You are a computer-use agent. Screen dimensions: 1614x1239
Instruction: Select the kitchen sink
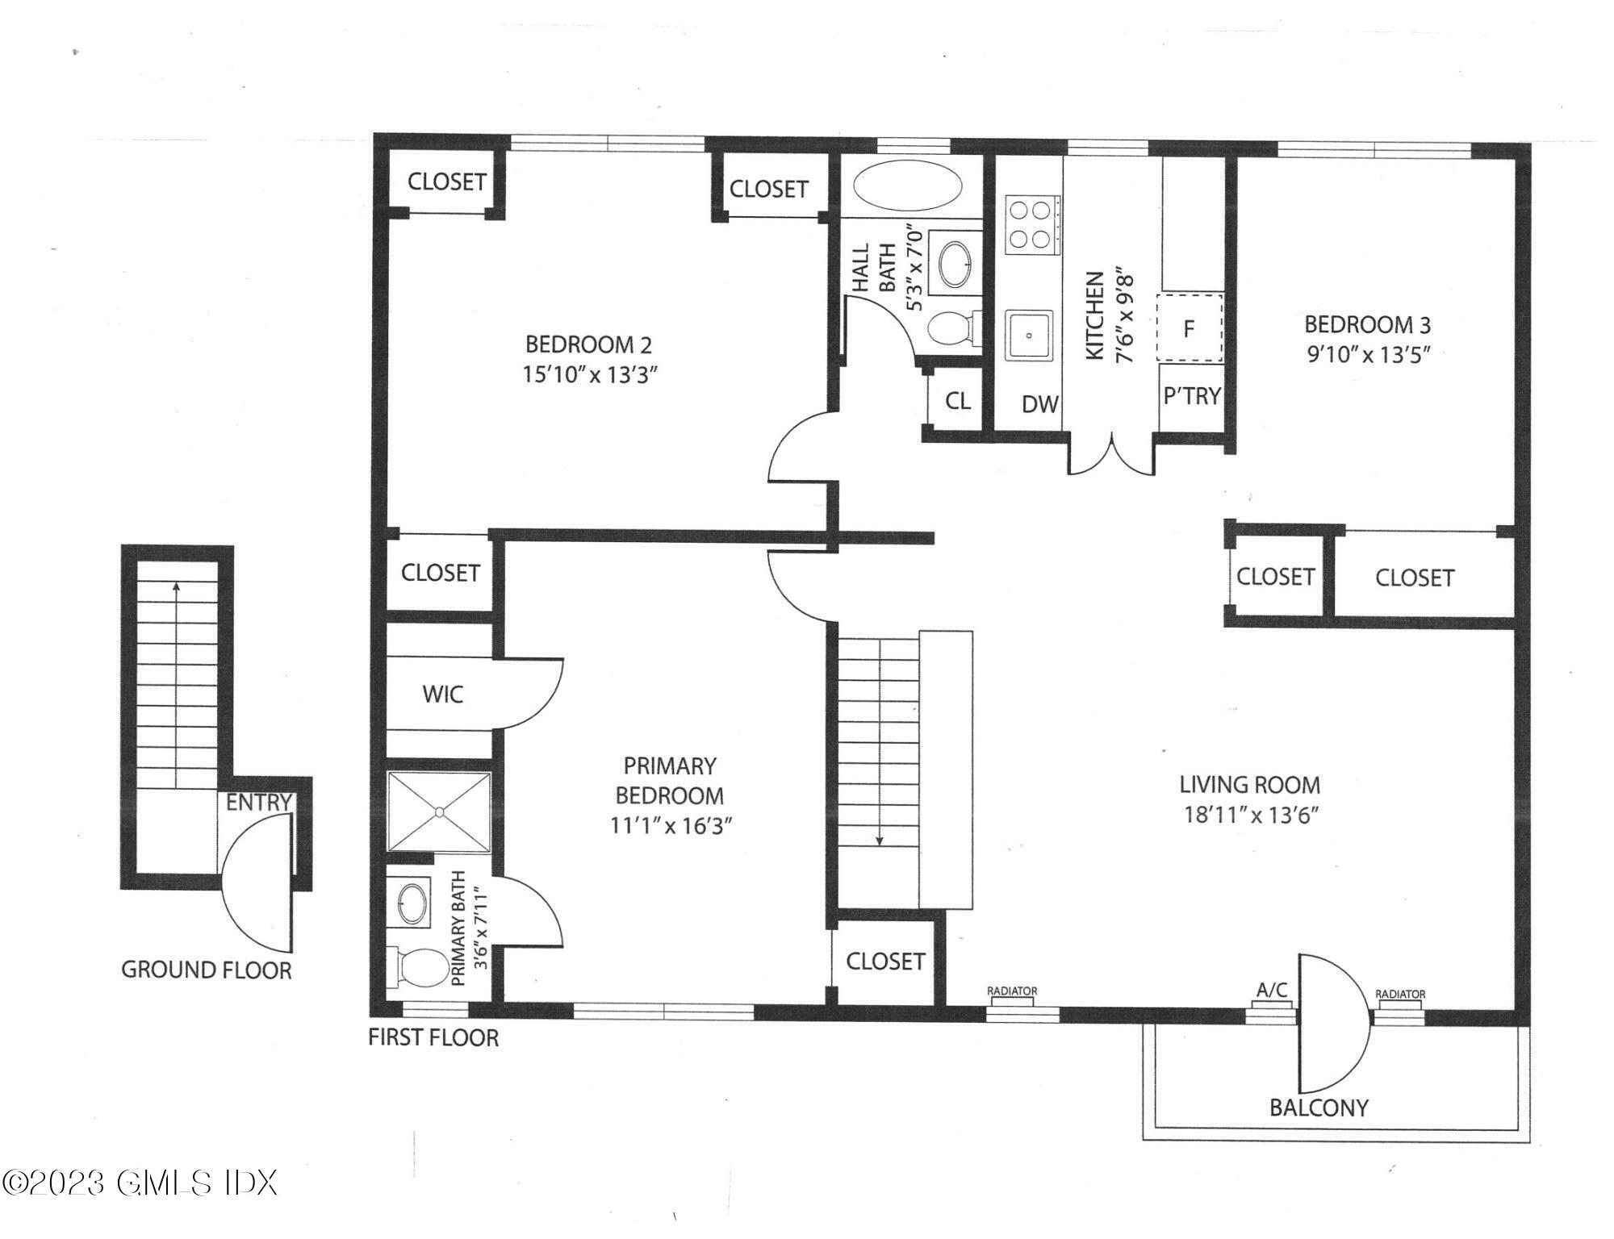[1029, 335]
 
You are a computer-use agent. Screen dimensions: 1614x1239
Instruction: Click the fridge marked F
[1190, 328]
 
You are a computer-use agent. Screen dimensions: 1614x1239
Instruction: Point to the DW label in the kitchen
[1040, 404]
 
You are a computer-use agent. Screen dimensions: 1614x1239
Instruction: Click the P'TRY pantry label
[1192, 395]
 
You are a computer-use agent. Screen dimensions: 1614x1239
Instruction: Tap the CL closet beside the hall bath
[958, 401]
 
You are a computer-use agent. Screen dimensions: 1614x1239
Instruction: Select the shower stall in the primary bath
[439, 811]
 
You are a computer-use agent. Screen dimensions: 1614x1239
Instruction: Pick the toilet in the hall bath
[954, 328]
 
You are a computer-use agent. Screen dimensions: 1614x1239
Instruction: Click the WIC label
[443, 694]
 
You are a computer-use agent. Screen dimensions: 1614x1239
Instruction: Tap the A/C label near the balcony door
[1272, 990]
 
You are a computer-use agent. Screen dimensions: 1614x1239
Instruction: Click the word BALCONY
[1319, 1108]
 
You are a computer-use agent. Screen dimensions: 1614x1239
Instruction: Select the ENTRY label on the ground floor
[258, 803]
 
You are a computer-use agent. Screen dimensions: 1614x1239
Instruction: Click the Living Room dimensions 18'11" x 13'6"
[1250, 815]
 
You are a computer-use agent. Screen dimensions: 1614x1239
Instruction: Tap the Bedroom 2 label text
[588, 345]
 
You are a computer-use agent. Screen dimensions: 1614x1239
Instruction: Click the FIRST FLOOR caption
[433, 1037]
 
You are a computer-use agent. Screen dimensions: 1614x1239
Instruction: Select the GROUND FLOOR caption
[207, 970]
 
